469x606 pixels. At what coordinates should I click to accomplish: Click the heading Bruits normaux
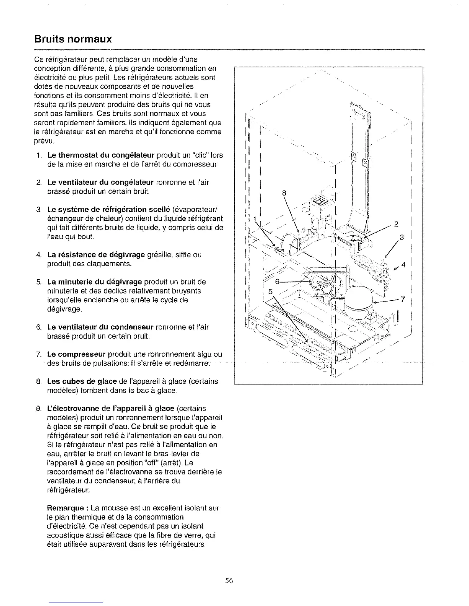tap(73, 39)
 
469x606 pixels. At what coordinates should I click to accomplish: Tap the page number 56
tap(229, 581)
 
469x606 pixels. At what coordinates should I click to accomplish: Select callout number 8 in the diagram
tap(284, 193)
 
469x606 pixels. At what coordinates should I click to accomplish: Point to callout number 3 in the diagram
tap(402, 238)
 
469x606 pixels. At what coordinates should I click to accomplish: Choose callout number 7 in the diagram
tap(403, 299)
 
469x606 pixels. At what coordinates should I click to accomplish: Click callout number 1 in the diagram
tap(253, 218)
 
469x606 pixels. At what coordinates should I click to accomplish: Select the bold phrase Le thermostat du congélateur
tap(101, 155)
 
